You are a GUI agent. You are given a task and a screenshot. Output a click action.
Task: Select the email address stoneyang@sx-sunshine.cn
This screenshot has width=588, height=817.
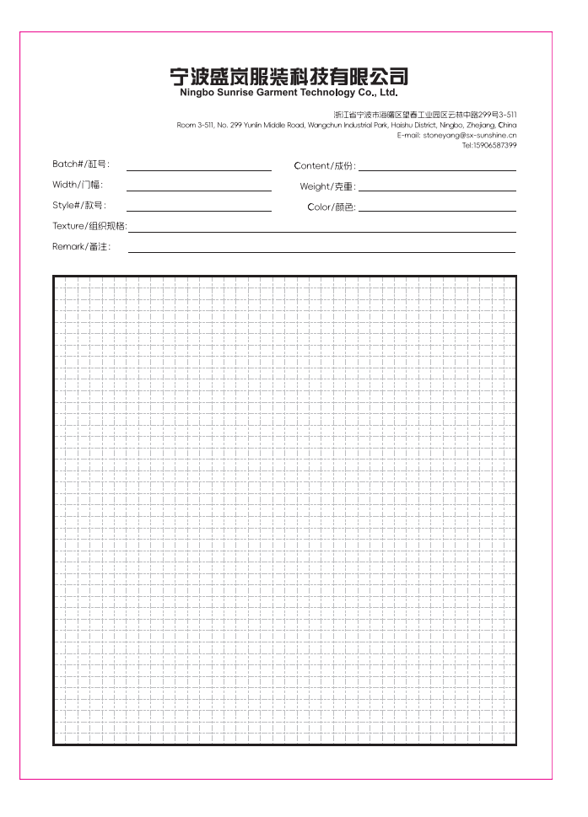tap(470, 135)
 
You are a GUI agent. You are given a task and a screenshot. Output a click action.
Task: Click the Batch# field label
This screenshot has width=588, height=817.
tap(81, 164)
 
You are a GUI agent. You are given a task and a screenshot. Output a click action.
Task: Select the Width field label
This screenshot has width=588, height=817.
tap(78, 185)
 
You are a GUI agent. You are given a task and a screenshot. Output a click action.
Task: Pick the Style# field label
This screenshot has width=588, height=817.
tap(79, 205)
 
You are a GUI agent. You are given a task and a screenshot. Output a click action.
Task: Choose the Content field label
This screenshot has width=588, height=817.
tap(325, 166)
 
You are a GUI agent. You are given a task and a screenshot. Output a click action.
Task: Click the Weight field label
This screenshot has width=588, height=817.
tap(327, 186)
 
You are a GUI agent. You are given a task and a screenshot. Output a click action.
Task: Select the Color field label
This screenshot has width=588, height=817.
tap(332, 207)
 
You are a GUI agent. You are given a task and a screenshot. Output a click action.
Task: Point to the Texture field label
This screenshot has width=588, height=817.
tap(89, 226)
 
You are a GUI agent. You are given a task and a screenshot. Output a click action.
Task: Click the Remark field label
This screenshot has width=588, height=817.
tap(81, 246)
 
